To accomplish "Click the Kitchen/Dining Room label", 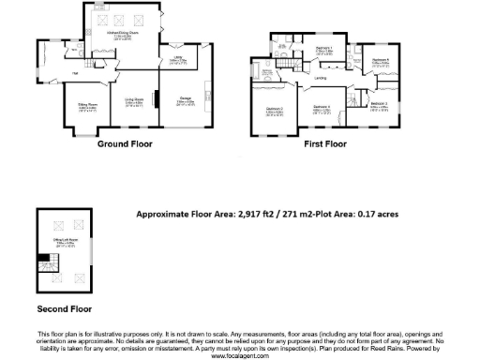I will pyautogui.click(x=121, y=34).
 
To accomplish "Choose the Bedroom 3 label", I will pyautogui.click(x=378, y=105).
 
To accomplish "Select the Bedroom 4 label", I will pyautogui.click(x=322, y=109).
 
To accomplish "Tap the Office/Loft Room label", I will pyautogui.click(x=65, y=247).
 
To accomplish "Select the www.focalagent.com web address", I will pyautogui.click(x=240, y=356).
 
